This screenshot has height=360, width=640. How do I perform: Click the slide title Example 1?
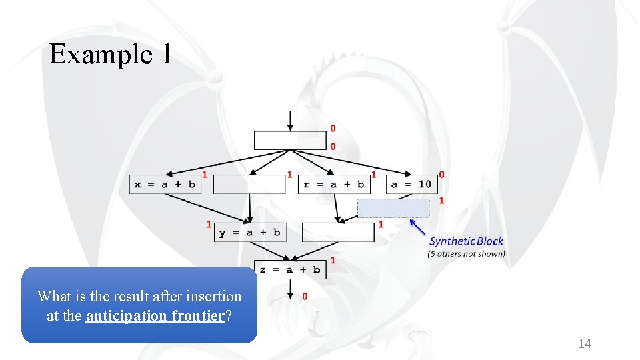(111, 54)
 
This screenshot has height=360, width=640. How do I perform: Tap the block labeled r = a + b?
(333, 184)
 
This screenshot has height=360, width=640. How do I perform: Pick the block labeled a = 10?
(411, 184)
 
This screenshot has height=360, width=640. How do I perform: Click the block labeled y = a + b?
(249, 232)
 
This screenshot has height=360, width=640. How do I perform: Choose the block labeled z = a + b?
(289, 269)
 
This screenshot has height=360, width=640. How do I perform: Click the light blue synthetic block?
(393, 208)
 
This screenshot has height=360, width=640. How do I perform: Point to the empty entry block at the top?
(290, 141)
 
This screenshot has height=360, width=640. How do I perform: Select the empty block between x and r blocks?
(249, 184)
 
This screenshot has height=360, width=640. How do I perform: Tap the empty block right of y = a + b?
(338, 232)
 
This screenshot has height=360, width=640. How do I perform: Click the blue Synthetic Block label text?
(466, 241)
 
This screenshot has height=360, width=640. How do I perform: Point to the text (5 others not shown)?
(466, 253)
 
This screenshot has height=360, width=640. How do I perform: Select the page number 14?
(585, 344)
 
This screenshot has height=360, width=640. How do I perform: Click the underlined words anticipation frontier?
(155, 315)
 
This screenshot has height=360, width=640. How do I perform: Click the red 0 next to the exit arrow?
(305, 296)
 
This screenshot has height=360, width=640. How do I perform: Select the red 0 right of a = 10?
(441, 175)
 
